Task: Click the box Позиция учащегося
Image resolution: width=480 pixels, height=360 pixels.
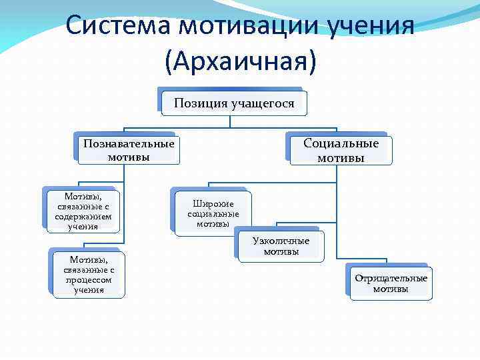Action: [233, 103]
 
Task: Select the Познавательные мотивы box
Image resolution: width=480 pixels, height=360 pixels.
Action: [129, 150]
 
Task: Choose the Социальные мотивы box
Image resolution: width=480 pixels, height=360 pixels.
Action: [341, 150]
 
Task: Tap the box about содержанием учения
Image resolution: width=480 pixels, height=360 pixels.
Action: [83, 211]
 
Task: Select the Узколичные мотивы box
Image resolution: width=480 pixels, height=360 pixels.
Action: [281, 246]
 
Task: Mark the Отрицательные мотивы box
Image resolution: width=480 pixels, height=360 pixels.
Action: [391, 283]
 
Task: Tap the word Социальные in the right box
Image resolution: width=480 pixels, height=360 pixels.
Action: [341, 143]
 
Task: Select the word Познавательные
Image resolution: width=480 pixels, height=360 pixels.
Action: [129, 143]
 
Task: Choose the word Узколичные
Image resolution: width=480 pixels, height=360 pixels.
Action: [281, 241]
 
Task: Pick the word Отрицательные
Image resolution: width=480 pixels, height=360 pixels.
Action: [391, 278]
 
